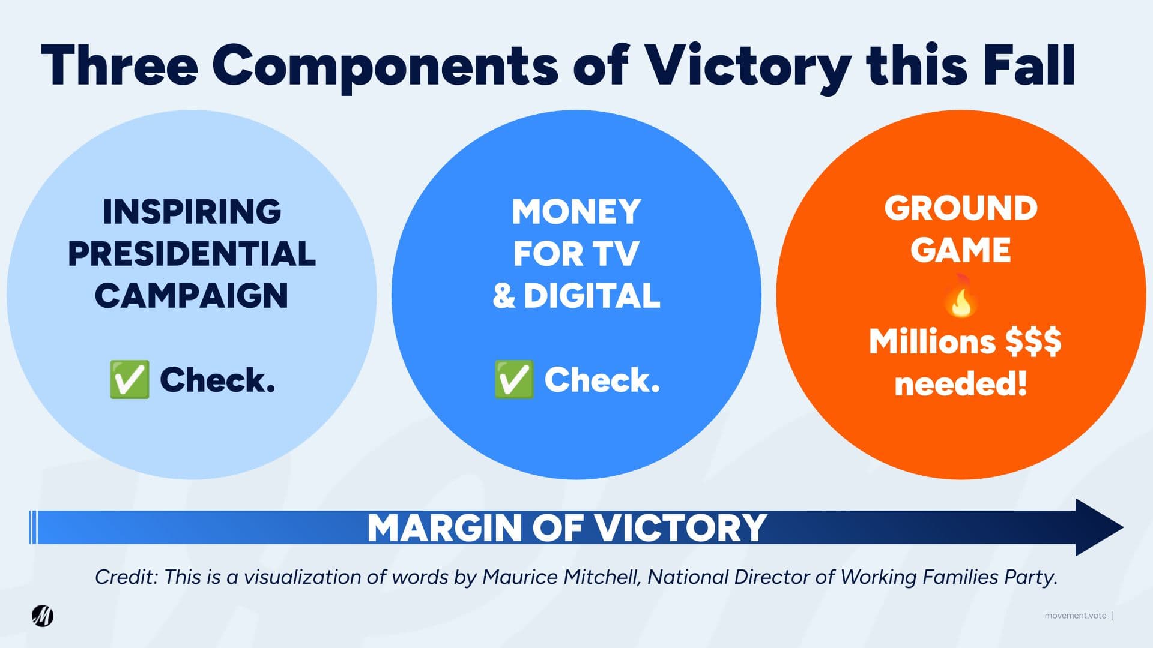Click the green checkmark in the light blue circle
[129, 379]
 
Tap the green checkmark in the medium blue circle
[513, 379]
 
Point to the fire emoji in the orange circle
[960, 295]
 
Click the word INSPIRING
[192, 212]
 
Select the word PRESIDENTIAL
[192, 254]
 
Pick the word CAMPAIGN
[192, 296]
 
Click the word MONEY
[576, 212]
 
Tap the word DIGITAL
[592, 296]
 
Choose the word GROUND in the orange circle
[961, 208]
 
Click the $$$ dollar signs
[1033, 341]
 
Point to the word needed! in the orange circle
[961, 383]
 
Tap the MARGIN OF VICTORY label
[567, 528]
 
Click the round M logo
[43, 616]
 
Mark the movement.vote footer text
[1075, 616]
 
